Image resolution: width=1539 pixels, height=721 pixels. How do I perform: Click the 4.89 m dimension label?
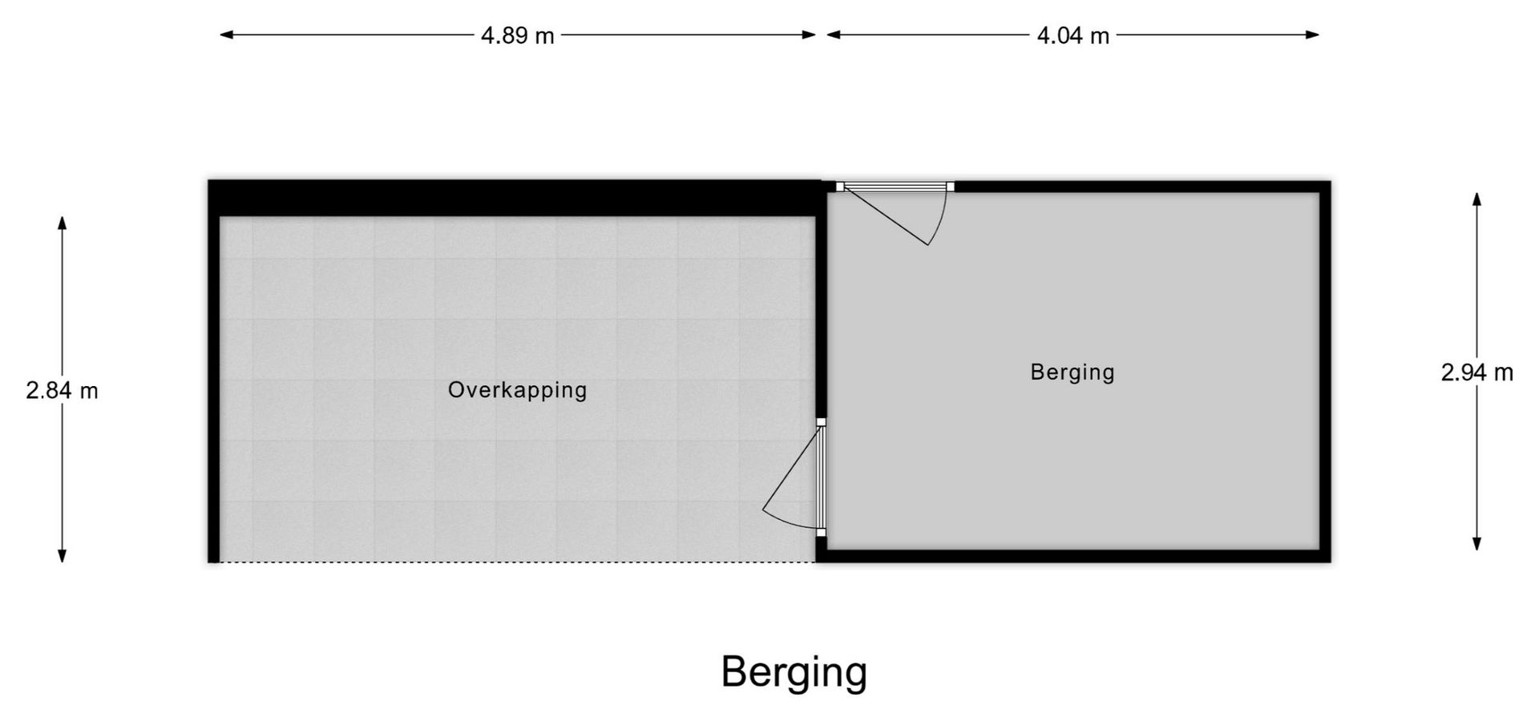(517, 36)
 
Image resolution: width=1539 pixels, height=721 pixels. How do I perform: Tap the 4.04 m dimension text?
(1072, 36)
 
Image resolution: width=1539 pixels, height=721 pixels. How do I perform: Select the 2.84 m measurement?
(62, 390)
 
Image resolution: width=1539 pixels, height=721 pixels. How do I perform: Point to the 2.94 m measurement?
(1476, 373)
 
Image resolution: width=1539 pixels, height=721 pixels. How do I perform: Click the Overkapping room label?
(517, 390)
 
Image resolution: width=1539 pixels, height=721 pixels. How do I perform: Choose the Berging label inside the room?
(1072, 373)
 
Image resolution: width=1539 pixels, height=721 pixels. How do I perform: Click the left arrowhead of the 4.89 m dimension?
(227, 34)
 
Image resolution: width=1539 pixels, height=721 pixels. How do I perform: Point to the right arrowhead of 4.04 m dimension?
(1312, 34)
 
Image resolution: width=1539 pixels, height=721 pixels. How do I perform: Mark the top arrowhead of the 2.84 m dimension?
(62, 223)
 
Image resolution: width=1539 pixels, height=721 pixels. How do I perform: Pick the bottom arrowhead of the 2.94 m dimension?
(1476, 543)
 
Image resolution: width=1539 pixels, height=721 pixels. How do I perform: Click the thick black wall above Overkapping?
(514, 198)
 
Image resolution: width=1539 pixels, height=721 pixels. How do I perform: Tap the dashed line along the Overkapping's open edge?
(518, 562)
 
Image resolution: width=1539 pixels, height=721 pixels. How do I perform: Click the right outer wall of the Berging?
(1325, 372)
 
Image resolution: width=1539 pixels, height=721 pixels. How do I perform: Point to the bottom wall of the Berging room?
(1073, 556)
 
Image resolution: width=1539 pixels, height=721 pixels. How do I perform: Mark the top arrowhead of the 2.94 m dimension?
(1476, 199)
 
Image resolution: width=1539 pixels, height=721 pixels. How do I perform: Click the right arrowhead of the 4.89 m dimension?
(809, 34)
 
